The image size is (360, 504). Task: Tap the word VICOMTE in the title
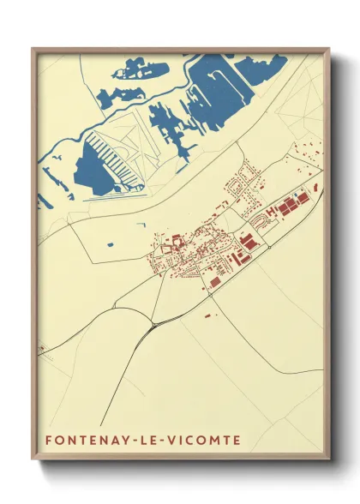point(206,441)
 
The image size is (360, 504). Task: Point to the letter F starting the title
point(49,441)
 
